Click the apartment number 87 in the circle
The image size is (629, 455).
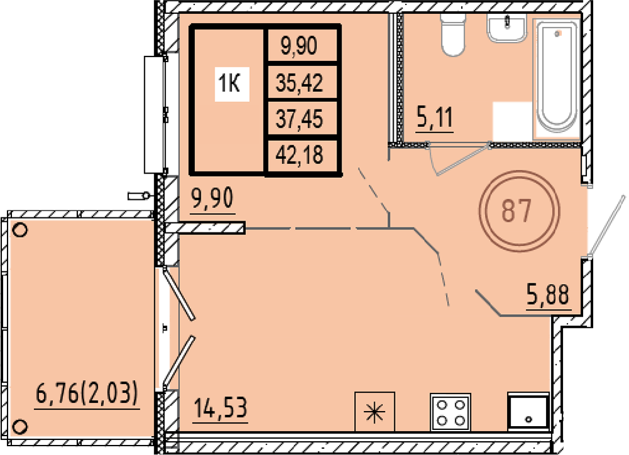[516, 211]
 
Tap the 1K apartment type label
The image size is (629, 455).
[229, 84]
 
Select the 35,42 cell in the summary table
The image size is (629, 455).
[299, 84]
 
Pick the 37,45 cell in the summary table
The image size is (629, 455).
[299, 119]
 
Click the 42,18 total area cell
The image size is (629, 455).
[299, 155]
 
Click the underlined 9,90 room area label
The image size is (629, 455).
[213, 199]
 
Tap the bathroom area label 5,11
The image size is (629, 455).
[435, 118]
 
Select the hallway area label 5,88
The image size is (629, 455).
[548, 295]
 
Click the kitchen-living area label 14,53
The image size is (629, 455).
[220, 408]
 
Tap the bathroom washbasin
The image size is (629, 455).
[507, 27]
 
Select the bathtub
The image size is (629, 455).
[557, 77]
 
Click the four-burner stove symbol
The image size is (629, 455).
[450, 412]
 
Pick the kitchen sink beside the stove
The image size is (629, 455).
[528, 412]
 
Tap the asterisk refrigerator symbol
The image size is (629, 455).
[375, 412]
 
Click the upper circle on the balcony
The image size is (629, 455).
[20, 230]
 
